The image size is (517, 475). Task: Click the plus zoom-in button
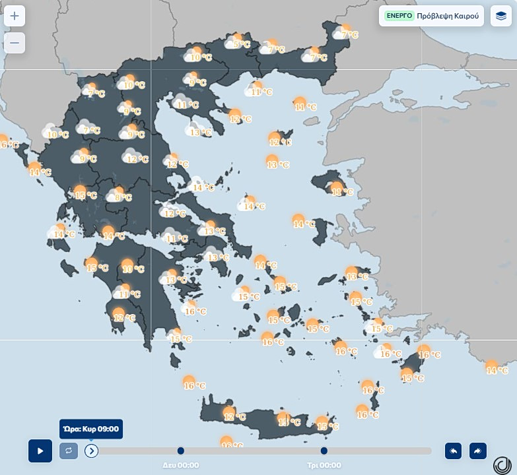click(x=15, y=16)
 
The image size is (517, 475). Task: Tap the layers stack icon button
click(x=501, y=16)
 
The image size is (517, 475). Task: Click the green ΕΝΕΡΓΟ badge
click(x=399, y=15)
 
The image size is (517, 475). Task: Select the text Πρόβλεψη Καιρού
click(x=448, y=15)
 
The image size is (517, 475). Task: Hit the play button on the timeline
click(x=40, y=451)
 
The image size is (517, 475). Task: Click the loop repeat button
click(x=68, y=451)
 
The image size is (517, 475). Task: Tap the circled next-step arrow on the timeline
click(x=91, y=451)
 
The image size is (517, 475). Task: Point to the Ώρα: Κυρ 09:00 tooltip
click(x=91, y=429)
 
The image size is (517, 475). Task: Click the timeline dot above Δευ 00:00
click(x=181, y=451)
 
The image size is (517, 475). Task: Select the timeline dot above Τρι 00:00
click(x=324, y=451)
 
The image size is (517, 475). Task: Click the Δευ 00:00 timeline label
click(x=181, y=464)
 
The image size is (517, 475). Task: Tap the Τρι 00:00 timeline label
click(x=324, y=464)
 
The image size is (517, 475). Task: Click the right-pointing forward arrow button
click(x=477, y=451)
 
